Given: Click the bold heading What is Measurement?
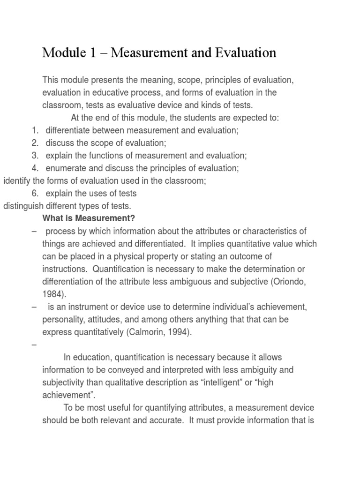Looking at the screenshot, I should click(89, 218).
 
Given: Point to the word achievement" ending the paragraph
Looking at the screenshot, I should click(66, 395).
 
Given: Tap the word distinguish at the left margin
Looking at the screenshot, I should click(21, 205).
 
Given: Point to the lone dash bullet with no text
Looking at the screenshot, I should click(34, 345).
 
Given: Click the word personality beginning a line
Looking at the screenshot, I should click(63, 320).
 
